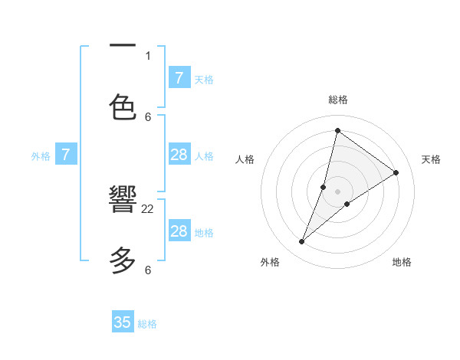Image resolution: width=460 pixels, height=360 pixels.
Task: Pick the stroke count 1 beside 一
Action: pyautogui.click(x=148, y=55)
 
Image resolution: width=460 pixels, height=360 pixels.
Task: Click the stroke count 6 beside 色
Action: pyautogui.click(x=148, y=116)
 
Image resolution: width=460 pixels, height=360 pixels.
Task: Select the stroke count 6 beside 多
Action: pyautogui.click(x=148, y=270)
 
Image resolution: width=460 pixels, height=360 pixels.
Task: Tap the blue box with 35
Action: pyautogui.click(x=123, y=322)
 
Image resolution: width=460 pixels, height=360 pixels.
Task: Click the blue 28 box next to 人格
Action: pyautogui.click(x=179, y=155)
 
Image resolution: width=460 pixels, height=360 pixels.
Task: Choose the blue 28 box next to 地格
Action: pyautogui.click(x=179, y=231)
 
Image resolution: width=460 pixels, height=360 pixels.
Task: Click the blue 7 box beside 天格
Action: pyautogui.click(x=179, y=78)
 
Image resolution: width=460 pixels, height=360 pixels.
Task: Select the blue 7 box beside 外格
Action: pyautogui.click(x=66, y=155)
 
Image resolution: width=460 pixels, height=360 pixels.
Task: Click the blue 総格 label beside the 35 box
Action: pyautogui.click(x=147, y=324)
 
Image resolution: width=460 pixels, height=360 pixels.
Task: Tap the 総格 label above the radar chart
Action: pyautogui.click(x=338, y=100)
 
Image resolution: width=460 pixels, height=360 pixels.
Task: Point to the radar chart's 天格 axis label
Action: pyautogui.click(x=431, y=159)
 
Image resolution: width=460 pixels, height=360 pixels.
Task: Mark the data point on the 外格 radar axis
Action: pyautogui.click(x=301, y=242)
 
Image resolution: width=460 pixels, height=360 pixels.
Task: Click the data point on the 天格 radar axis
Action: pyautogui.click(x=396, y=172)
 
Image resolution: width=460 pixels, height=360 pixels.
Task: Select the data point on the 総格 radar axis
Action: pyautogui.click(x=337, y=130)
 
